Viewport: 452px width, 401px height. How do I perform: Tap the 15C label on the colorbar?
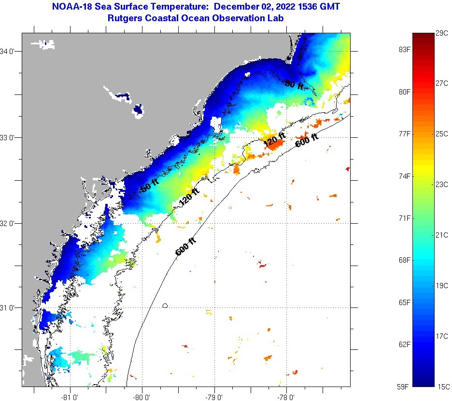[444, 386]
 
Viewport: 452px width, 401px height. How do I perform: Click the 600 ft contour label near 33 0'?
[307, 139]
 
